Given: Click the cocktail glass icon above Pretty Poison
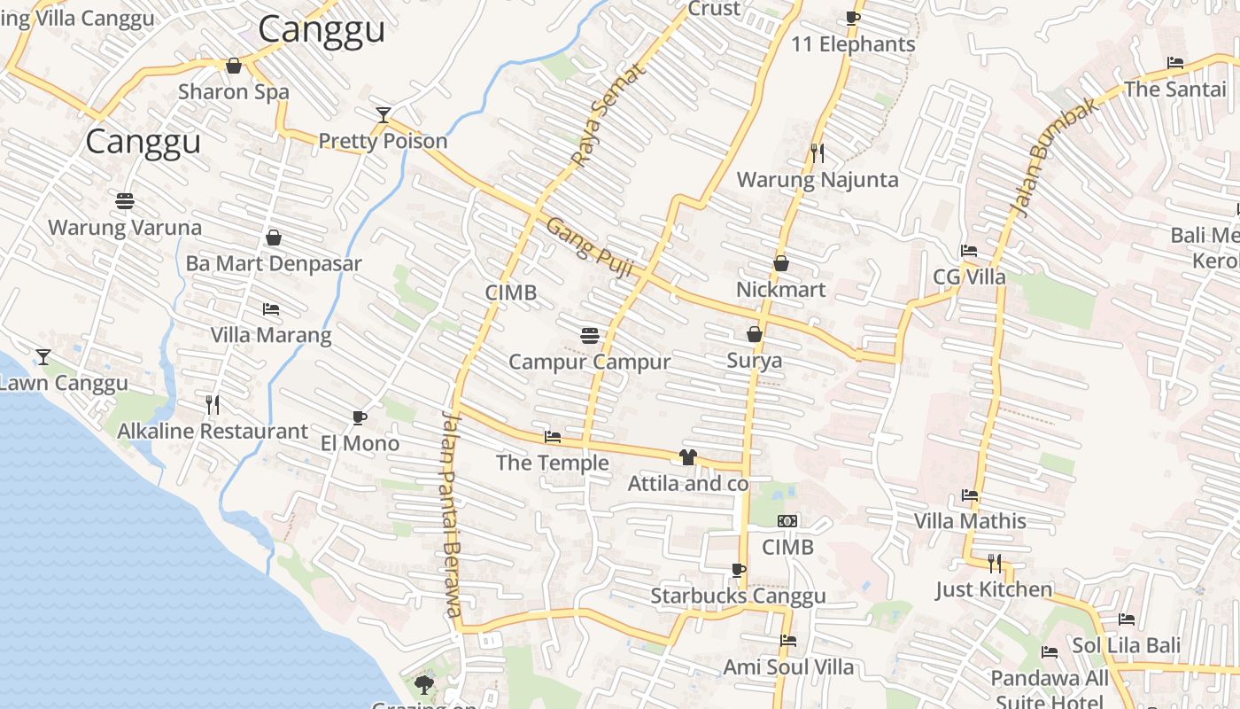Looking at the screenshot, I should coord(383,115).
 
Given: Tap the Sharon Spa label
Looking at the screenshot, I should coord(234,91).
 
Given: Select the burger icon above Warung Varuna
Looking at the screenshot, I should coord(125,201).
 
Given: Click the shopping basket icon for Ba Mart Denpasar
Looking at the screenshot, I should coord(274,238).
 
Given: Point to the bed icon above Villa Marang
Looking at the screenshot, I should coord(271,309).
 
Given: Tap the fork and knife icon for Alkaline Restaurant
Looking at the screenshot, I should coord(213,405).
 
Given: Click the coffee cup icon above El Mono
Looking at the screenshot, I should coord(359,417).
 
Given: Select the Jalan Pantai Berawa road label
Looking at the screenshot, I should coord(452,514).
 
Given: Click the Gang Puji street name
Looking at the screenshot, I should coord(589,247).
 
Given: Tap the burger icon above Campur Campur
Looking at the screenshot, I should coord(590,335).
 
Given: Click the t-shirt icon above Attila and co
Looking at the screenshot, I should coord(687,457).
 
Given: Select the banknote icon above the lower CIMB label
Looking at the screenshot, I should coord(787,521).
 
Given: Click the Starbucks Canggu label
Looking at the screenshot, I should coord(738,596).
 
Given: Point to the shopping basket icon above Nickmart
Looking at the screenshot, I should coord(781,263).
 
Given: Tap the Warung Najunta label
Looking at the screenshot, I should coord(818,180).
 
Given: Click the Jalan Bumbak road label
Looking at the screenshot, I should coord(1053,157).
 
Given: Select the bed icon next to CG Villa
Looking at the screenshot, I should coord(969,251).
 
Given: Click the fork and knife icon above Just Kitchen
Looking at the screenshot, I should coord(994,563).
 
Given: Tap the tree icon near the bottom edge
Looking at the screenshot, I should coord(424,683).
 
